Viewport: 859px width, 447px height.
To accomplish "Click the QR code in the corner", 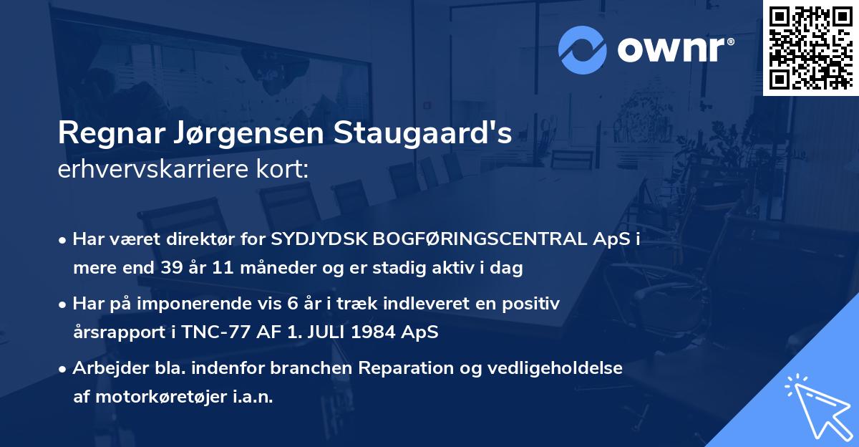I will pyautogui.click(x=811, y=47).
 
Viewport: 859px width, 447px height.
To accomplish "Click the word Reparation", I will pyautogui.click(x=401, y=368).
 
